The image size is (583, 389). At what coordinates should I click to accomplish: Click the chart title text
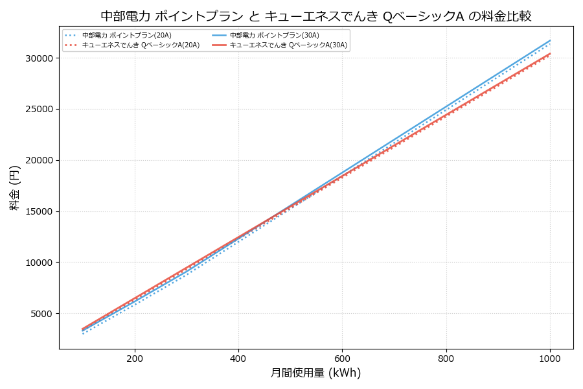(315, 16)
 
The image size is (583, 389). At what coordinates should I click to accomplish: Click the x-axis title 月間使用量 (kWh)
(315, 373)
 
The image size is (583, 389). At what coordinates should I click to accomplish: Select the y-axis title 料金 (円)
(14, 187)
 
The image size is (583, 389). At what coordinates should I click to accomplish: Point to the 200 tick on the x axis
(135, 357)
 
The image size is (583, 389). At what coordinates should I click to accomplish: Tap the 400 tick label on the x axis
(238, 357)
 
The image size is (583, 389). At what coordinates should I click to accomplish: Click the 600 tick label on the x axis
(342, 357)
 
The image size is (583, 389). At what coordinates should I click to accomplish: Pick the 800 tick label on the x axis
(446, 357)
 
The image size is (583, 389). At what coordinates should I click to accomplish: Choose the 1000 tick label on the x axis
(550, 357)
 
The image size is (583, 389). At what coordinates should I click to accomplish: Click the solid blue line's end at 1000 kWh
(550, 40)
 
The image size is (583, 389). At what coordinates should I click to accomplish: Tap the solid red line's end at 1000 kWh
(550, 53)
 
